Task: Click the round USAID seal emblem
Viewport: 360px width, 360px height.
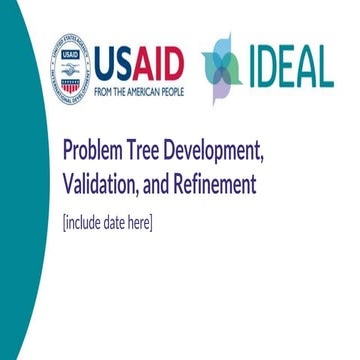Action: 70,71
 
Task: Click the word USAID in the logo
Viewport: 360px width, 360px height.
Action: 139,63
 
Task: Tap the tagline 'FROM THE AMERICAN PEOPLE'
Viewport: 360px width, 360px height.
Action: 139,88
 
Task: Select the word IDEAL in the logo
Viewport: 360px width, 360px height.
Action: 291,67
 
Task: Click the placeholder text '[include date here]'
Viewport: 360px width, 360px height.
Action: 107,222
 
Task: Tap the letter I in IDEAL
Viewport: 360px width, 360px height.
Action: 251,67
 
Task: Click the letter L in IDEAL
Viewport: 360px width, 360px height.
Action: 324,67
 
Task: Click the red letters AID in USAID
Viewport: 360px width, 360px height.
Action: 157,63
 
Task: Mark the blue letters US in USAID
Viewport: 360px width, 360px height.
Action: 113,63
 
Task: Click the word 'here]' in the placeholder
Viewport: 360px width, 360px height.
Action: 141,222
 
